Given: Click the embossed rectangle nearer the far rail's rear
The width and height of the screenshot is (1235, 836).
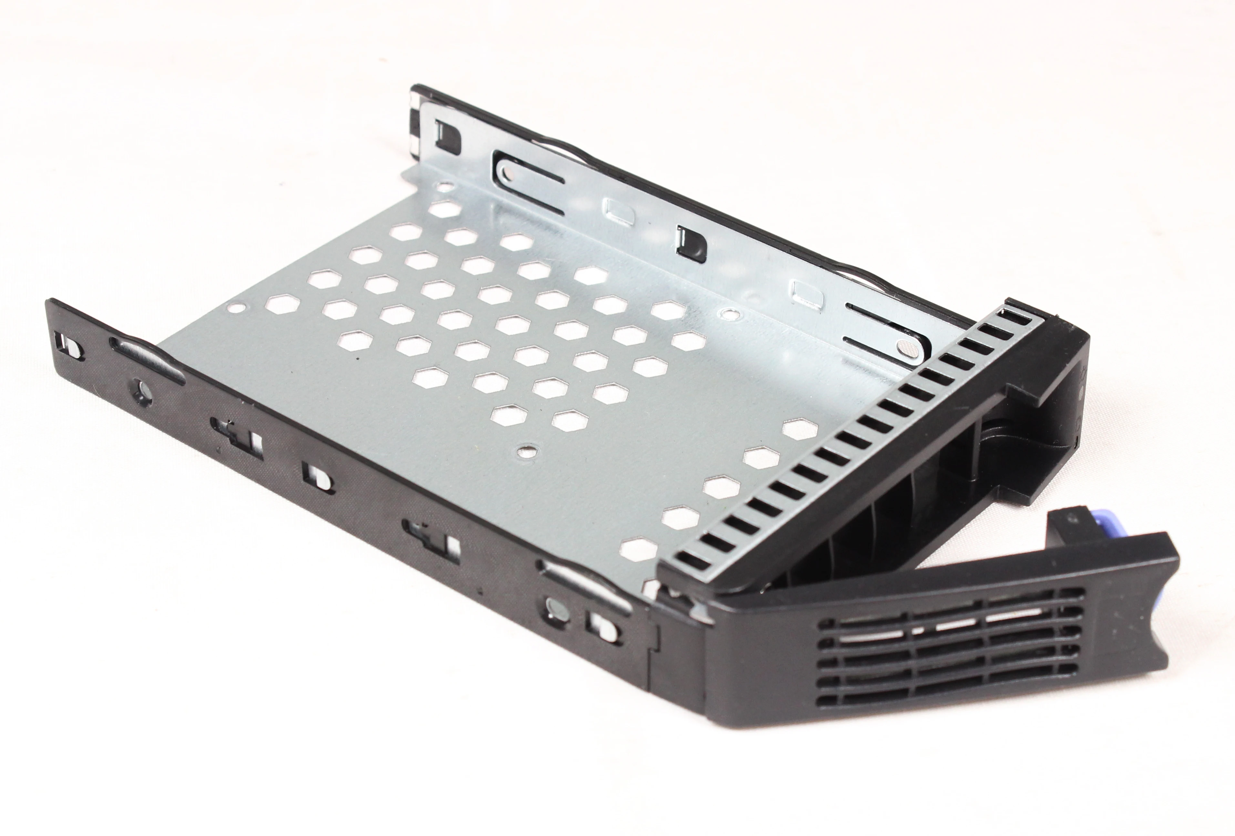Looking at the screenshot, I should pos(616,209).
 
